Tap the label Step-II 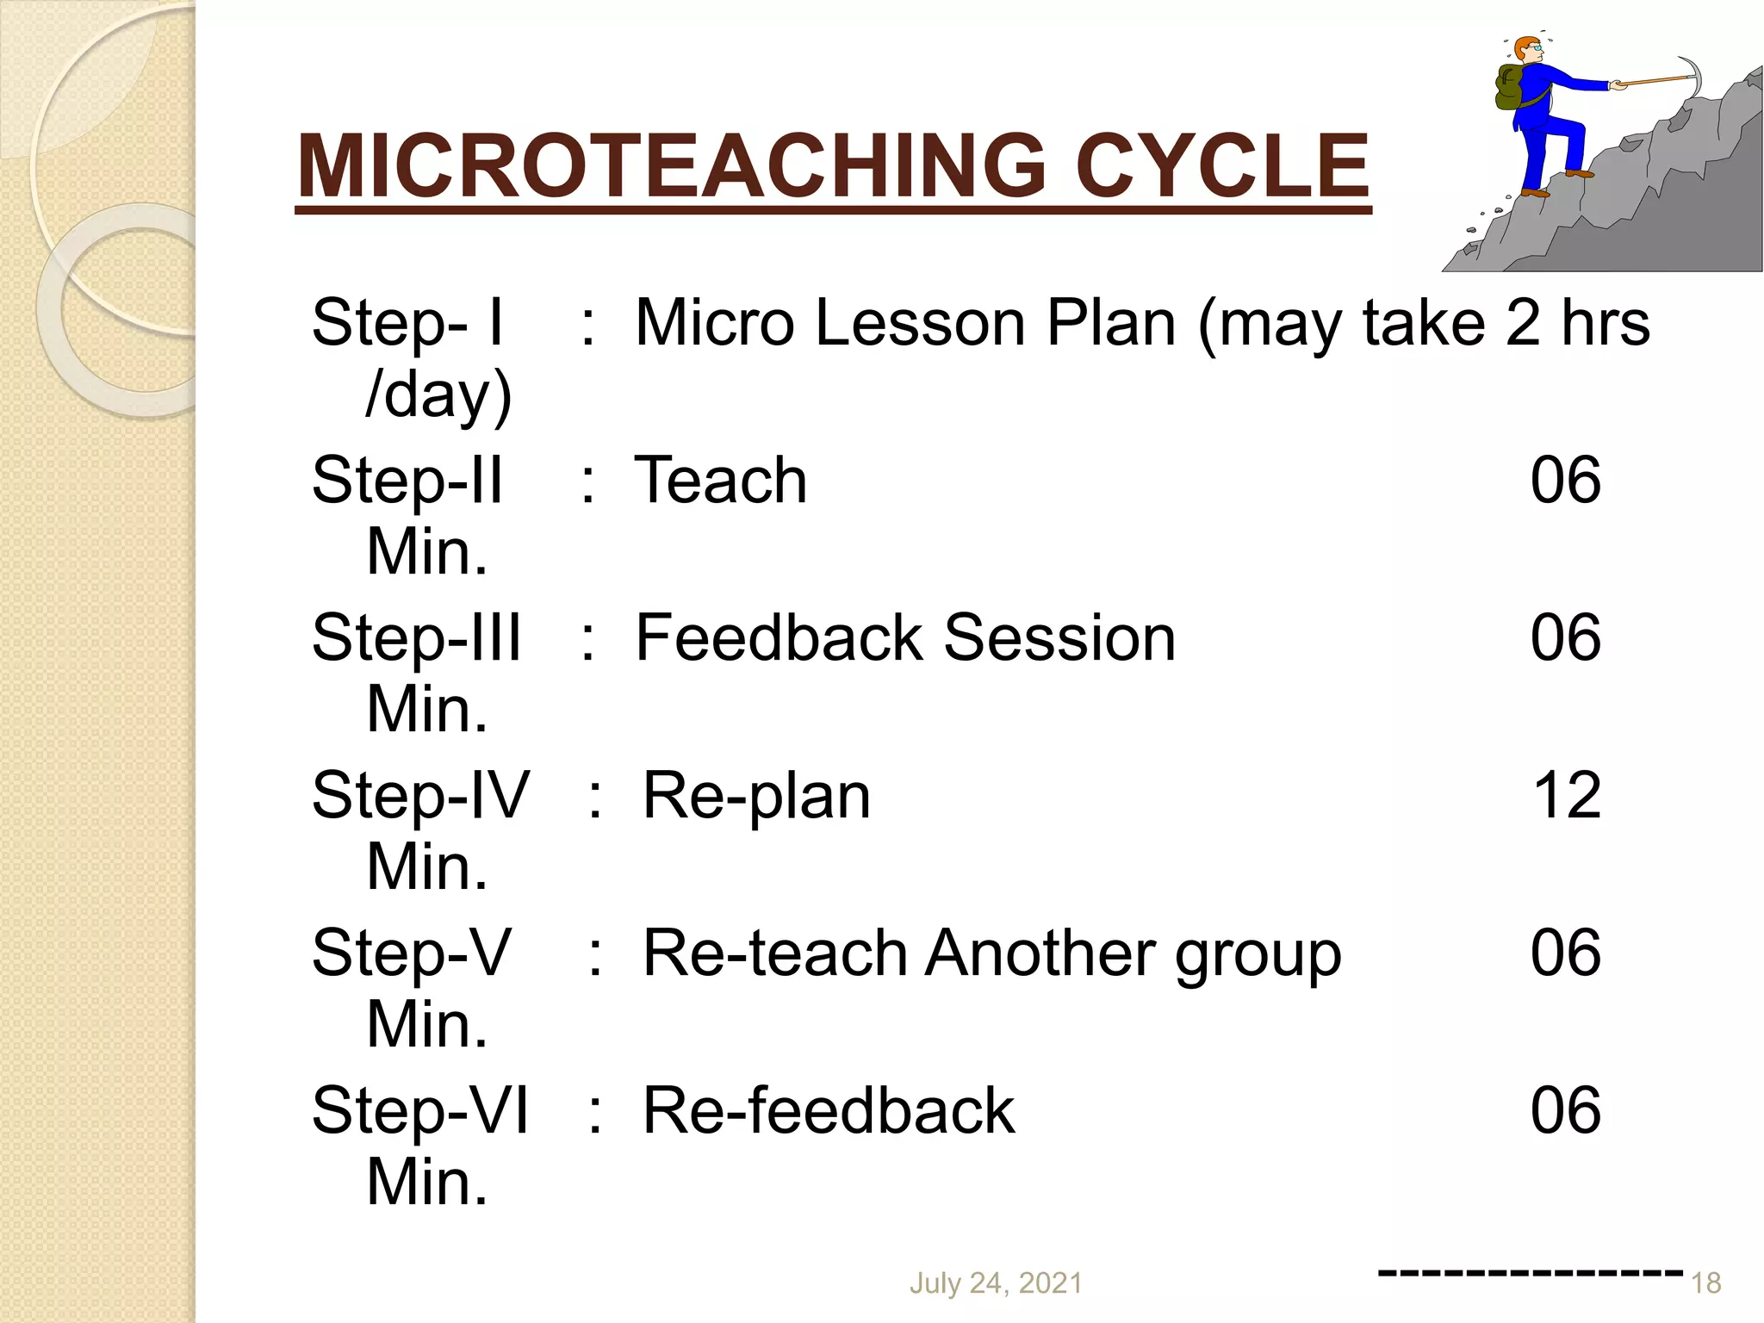point(407,481)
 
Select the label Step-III point(416,638)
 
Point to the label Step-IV point(419,796)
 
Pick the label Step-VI point(419,1111)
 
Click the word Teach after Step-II point(721,481)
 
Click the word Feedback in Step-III point(779,638)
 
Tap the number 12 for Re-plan point(1567,796)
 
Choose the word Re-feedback point(829,1111)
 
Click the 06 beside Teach point(1565,481)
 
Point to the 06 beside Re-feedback point(1565,1111)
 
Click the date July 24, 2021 point(996,1283)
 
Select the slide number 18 point(1705,1283)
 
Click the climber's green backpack point(1511,88)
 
